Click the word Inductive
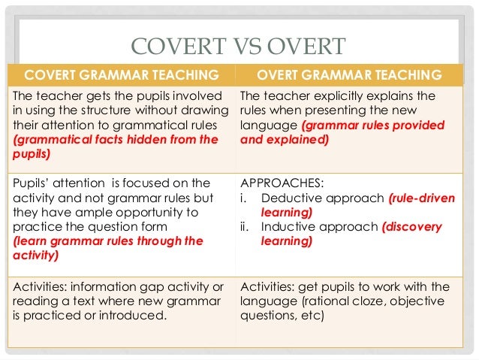pyautogui.click(x=284, y=227)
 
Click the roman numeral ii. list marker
pyautogui.click(x=244, y=227)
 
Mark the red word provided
pyautogui.click(x=424, y=126)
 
